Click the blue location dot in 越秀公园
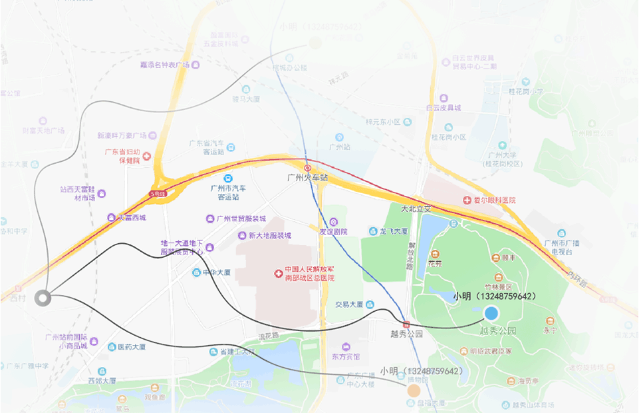click(491, 313)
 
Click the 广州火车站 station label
click(307, 178)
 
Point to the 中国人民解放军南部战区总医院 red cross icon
click(279, 273)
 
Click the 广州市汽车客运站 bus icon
click(228, 179)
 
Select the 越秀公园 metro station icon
click(406, 324)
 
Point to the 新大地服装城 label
click(269, 235)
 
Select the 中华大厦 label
click(217, 272)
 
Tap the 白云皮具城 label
click(444, 107)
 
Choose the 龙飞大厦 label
click(394, 231)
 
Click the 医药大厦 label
click(131, 346)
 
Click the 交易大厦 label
click(349, 304)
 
